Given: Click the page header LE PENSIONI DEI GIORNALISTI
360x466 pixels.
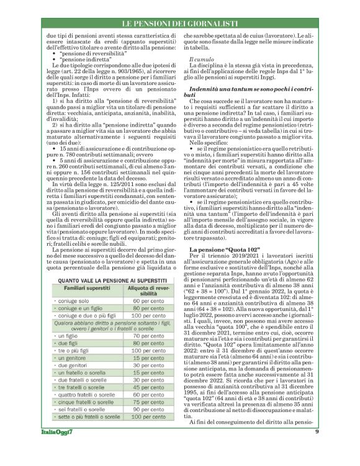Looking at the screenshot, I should (x=180, y=24).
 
